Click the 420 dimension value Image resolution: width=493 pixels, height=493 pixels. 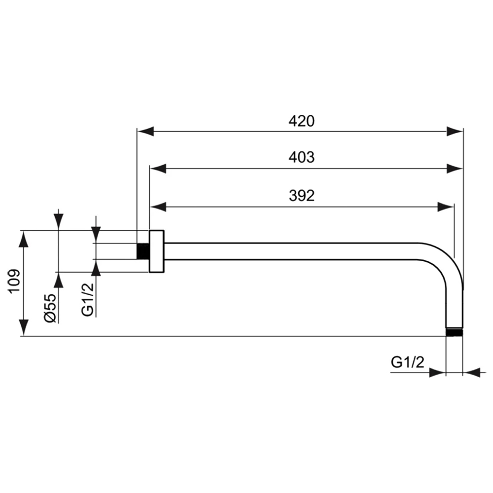(302, 121)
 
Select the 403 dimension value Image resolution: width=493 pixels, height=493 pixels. (302, 157)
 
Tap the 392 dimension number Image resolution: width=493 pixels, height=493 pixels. (302, 196)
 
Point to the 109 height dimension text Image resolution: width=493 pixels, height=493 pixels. (15, 281)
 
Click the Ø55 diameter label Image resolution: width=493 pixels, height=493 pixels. (50, 308)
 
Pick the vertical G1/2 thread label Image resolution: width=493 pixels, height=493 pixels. (88, 299)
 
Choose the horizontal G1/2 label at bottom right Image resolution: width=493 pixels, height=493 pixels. (408, 362)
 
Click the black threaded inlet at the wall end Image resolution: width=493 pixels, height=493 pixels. (143, 251)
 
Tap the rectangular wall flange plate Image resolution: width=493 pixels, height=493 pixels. (157, 251)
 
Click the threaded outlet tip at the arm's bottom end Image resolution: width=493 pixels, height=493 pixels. (455, 332)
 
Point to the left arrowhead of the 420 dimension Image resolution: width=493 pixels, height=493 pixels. (145, 132)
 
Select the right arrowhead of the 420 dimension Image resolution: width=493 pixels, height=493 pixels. (455, 132)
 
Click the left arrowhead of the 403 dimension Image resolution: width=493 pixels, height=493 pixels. (158, 169)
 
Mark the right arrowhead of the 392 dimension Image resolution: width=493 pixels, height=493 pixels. (446, 207)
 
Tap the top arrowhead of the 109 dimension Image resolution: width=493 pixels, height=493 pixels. (24, 239)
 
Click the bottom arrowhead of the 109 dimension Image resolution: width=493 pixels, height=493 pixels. (24, 328)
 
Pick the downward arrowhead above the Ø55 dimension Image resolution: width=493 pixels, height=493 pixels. (59, 222)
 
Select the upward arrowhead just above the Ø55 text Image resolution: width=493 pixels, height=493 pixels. (59, 281)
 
